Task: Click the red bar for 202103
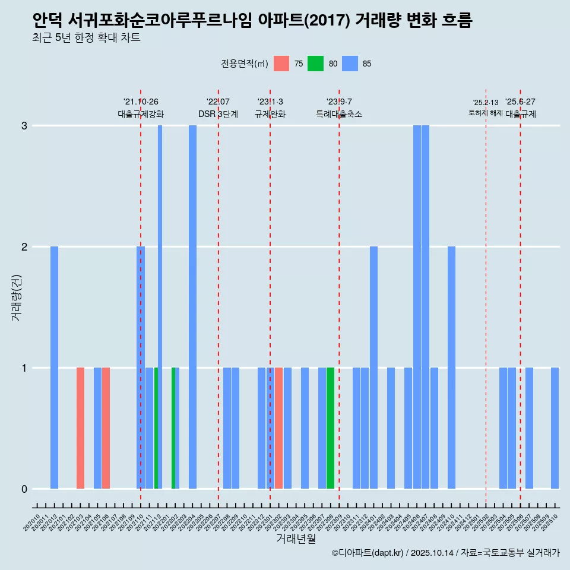coord(80,427)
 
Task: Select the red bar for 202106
coord(106,427)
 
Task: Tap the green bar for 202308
coord(330,427)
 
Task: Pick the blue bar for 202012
coord(54,367)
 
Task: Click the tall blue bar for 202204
coord(192,306)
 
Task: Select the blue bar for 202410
coord(451,367)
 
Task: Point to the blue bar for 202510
coord(555,427)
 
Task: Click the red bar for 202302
coord(278,427)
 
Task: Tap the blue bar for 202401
coord(373,367)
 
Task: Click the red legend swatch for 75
coord(281,64)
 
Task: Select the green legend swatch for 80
coord(315,64)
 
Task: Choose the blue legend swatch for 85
coord(350,64)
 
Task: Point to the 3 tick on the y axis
coord(24,126)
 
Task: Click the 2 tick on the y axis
coord(24,247)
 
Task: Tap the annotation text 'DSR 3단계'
coord(218,114)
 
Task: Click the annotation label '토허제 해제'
coord(485,113)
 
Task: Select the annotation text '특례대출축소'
coord(338,114)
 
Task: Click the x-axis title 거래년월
coord(296,539)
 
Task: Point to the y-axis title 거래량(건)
coord(17,297)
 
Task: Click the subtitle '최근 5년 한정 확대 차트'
coord(87,38)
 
